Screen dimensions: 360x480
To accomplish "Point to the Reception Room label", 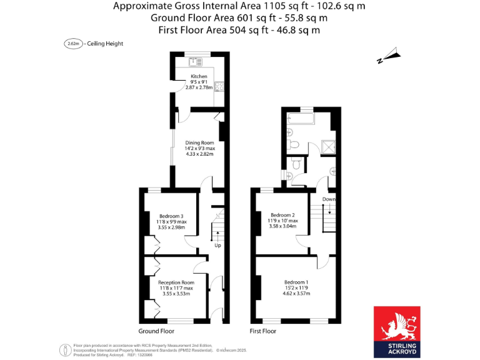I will pyautogui.click(x=176, y=282).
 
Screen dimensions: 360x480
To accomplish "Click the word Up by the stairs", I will pyautogui.click(x=217, y=245).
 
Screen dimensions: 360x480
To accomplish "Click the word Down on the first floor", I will pyautogui.click(x=329, y=199).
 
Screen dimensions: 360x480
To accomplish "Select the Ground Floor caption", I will pyautogui.click(x=156, y=331).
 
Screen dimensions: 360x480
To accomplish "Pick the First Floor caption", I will pyautogui.click(x=262, y=331).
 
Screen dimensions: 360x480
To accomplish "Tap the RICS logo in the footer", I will pyautogui.click(x=64, y=349).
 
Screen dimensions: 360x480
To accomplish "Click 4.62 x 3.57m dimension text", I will pyautogui.click(x=297, y=292).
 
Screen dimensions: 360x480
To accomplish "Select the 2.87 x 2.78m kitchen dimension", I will pyautogui.click(x=199, y=87).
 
